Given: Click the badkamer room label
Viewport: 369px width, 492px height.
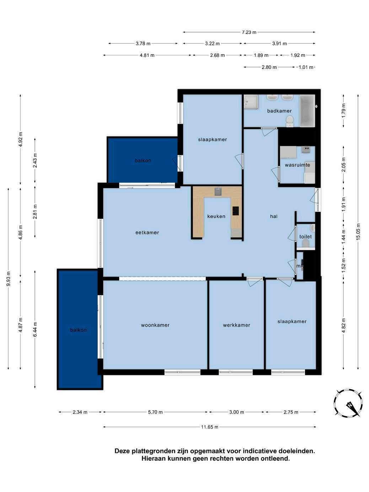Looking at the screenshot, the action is tap(279, 111).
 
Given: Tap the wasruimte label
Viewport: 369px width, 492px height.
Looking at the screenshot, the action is tap(297, 165).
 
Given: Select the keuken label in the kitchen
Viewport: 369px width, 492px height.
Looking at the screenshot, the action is tap(216, 216).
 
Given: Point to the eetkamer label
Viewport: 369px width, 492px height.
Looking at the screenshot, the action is tap(147, 232).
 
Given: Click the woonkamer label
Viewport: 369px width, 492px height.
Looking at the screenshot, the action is tap(155, 325).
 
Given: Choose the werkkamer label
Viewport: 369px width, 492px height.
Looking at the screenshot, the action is tap(236, 325).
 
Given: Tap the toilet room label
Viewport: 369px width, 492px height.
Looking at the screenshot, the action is tap(305, 237).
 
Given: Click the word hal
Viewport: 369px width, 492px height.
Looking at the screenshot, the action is tap(274, 216).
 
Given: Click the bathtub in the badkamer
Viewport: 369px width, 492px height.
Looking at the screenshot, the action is tap(307, 111).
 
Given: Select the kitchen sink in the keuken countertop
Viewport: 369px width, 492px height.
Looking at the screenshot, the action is tap(218, 192).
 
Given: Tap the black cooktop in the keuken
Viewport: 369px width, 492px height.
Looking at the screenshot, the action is tap(235, 211).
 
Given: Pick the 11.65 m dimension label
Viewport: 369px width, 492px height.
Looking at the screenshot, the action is tap(209, 427).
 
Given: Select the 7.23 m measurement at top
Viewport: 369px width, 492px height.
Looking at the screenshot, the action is tap(249, 32).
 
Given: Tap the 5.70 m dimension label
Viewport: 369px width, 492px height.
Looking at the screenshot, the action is tap(155, 412).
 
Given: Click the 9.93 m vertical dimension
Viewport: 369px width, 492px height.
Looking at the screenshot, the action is tap(8, 279).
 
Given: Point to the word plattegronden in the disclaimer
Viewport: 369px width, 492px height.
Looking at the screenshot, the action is tap(149, 451).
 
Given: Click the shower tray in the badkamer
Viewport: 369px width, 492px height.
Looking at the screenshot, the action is tap(251, 102).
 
